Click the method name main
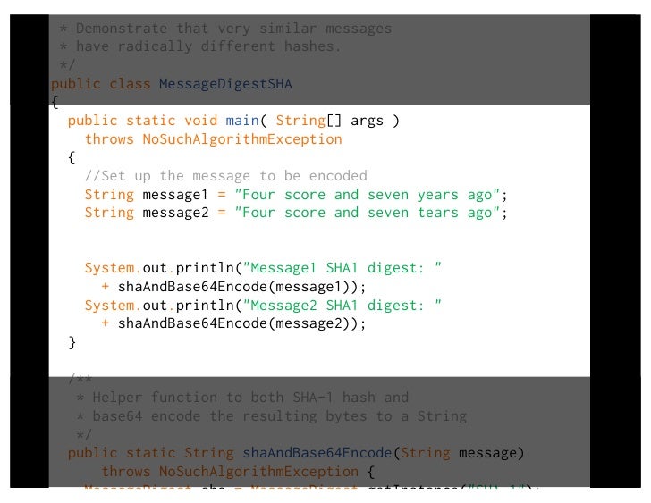pyautogui.click(x=244, y=121)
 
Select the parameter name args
pyautogui.click(x=367, y=121)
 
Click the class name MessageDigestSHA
pyautogui.click(x=225, y=84)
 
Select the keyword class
pyautogui.click(x=130, y=84)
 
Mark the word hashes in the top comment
pyautogui.click(x=312, y=46)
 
